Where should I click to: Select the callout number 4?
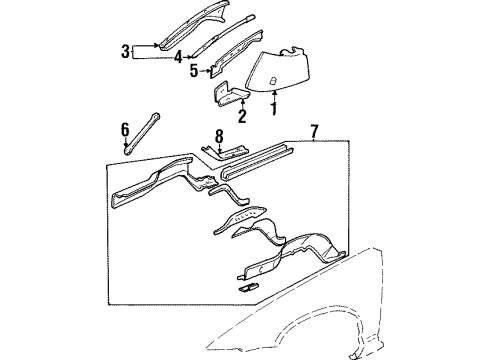point(178,57)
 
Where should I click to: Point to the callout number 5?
point(194,72)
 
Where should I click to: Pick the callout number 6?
point(125,130)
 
